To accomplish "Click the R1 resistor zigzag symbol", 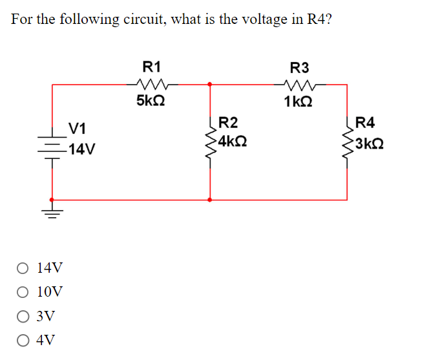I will [x=153, y=83].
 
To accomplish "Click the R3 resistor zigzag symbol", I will [x=300, y=83].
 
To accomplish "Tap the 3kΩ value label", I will [x=371, y=141].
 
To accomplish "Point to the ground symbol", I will [x=52, y=211].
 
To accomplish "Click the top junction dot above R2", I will [x=210, y=83].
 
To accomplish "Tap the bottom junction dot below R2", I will [x=210, y=200].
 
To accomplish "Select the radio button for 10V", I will [x=23, y=291].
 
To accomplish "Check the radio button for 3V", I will [x=23, y=316].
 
